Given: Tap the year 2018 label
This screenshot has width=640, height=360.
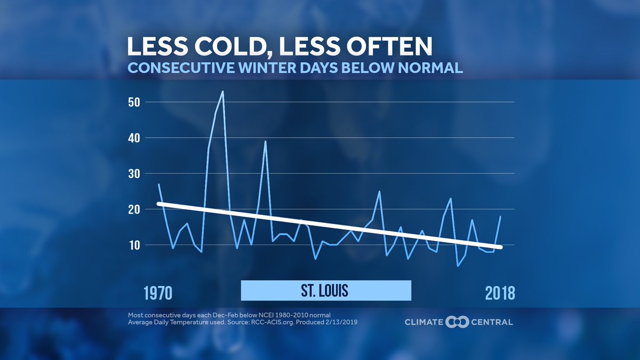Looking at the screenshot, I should click(x=500, y=293).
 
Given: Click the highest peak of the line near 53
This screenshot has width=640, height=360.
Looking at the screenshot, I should click(x=222, y=91).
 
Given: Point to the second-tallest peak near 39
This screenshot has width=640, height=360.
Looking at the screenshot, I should click(x=265, y=141).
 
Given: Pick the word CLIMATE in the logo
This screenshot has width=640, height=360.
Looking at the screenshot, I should click(x=424, y=322).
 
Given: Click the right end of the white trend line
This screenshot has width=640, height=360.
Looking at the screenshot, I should click(x=500, y=247).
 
